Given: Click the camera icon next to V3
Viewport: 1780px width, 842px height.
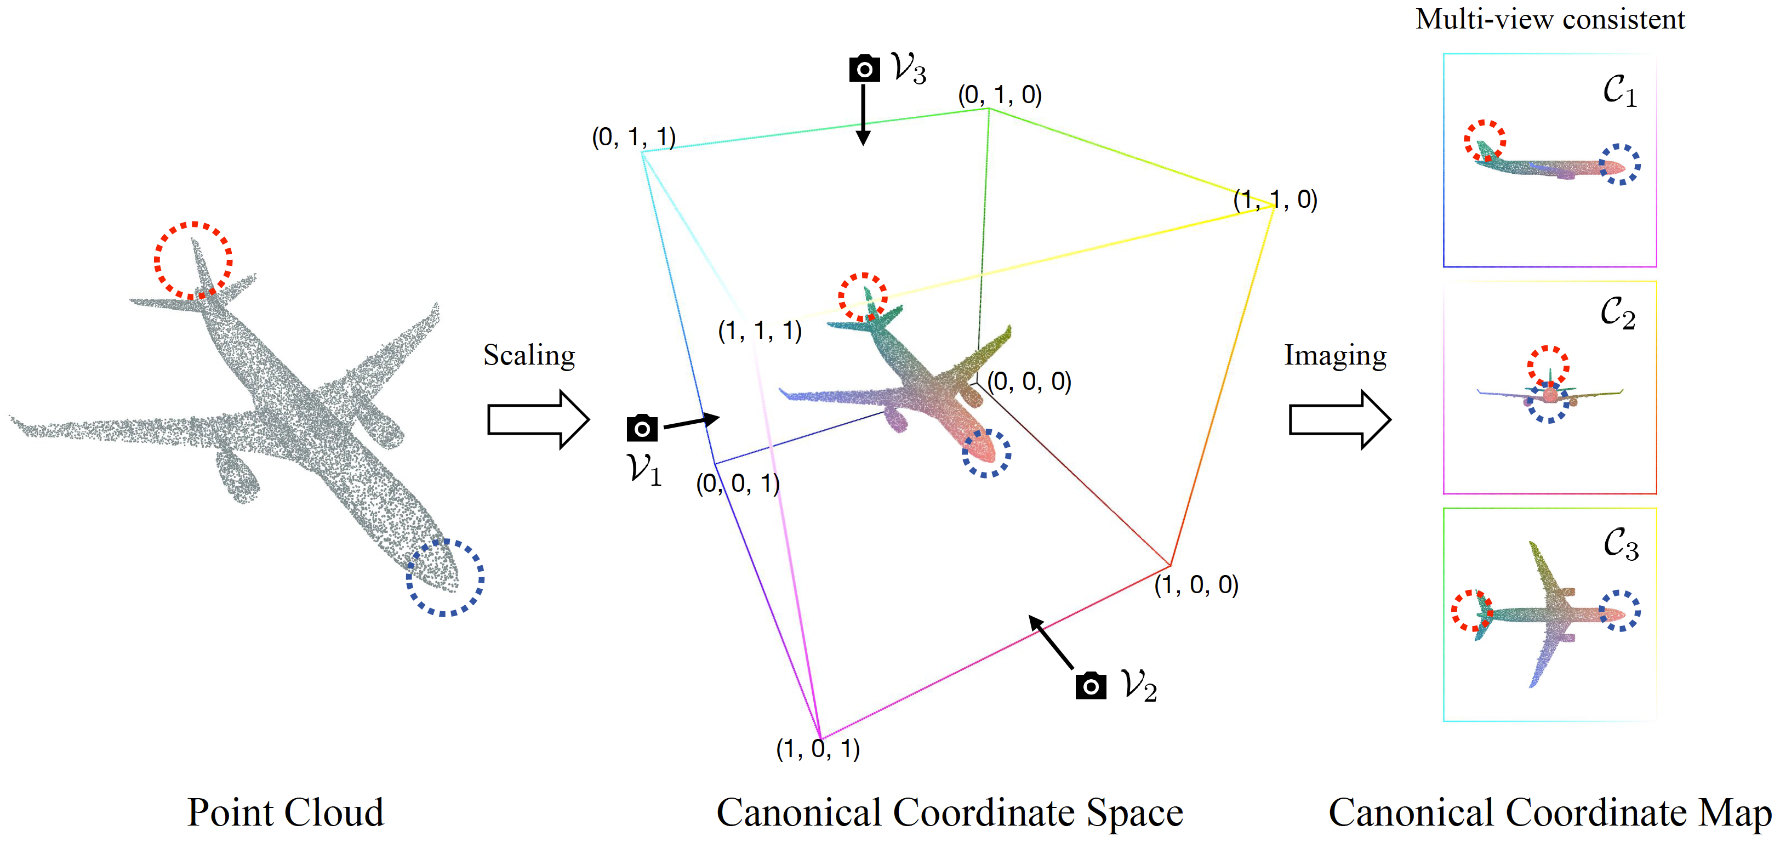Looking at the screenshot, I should coord(864,69).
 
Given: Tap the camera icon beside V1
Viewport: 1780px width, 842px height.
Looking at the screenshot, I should coord(642,428).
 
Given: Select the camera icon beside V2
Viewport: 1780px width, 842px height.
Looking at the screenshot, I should coord(1091,686).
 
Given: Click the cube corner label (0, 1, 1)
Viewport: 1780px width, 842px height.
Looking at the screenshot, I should coord(634,137).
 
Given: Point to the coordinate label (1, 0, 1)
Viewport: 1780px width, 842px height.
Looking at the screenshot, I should coord(818,749).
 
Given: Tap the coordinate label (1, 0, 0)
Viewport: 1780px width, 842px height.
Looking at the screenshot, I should coord(1196,585).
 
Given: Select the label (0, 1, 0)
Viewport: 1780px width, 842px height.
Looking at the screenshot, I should coord(999,95).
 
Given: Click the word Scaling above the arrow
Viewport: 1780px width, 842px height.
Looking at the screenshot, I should coord(529,356).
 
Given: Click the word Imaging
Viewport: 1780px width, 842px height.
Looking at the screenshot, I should coord(1335,356).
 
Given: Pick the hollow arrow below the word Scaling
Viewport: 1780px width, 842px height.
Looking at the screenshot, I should coord(538,419).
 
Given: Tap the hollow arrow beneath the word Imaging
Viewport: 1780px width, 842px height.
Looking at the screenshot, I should coord(1339,419).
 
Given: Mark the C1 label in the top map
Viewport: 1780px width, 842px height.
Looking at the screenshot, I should coord(1619,91).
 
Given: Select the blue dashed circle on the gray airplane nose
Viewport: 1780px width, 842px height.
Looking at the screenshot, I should coord(445,577).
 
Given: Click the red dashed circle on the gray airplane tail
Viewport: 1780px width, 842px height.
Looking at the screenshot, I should coord(193,260).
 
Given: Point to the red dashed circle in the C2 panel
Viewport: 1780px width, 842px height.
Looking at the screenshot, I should coord(1548,366).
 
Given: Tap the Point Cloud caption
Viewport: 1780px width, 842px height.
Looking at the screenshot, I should coord(286,812).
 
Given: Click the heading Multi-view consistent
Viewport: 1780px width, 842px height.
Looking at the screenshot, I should coord(1550,19).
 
